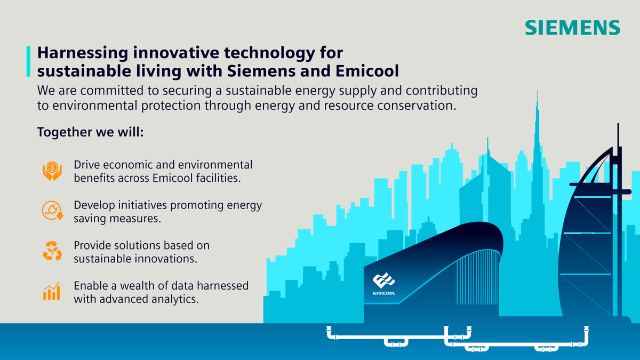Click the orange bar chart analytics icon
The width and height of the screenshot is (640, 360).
(52, 291)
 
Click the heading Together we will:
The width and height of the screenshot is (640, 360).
(90, 132)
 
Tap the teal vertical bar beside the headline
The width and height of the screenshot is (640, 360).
(28, 61)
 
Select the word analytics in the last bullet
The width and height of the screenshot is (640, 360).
(174, 299)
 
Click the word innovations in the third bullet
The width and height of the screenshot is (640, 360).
(168, 259)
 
